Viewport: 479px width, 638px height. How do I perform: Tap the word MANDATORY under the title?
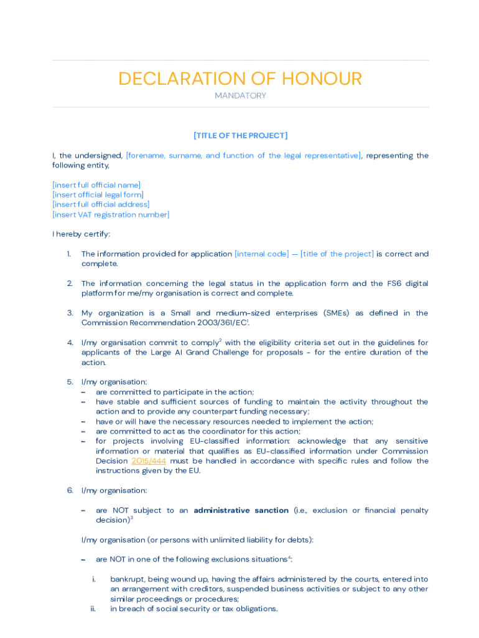240,96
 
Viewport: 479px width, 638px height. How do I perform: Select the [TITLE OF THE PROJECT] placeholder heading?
240,136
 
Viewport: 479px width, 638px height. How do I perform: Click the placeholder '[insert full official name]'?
96,185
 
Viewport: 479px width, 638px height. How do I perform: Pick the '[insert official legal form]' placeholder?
98,195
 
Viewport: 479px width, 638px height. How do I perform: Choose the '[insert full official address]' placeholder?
101,204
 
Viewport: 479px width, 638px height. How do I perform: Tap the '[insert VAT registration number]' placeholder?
111,215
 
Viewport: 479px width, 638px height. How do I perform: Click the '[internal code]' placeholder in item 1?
261,254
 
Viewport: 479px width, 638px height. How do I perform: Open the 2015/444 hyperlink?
149,461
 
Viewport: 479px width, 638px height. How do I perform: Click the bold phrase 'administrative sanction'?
241,510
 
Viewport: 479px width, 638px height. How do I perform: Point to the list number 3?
70,313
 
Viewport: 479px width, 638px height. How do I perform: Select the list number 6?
70,490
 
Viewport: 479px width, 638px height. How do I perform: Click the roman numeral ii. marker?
93,609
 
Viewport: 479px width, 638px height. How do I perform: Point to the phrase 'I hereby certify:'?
81,234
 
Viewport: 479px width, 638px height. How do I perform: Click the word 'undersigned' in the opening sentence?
98,156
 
